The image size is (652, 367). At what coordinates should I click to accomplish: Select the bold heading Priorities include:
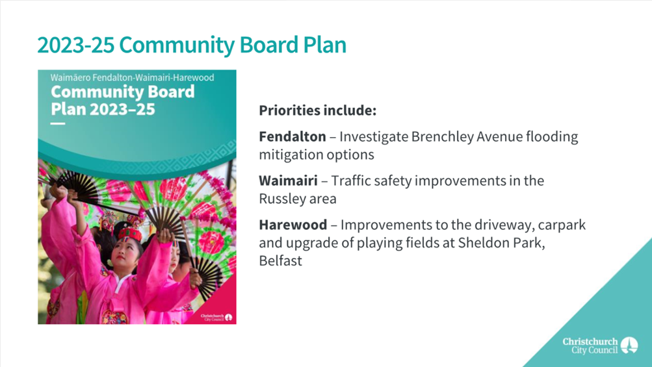pos(318,110)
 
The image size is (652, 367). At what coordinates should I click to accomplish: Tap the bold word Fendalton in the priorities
pos(293,137)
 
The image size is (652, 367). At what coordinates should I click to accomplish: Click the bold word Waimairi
pos(288,181)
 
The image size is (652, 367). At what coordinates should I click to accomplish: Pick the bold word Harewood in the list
pos(293,225)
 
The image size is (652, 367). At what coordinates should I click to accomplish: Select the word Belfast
pos(281,260)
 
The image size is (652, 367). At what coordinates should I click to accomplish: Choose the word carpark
pos(562,225)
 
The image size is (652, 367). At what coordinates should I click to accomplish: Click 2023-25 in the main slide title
pos(75,45)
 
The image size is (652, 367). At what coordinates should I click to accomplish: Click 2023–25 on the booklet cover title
pos(122,109)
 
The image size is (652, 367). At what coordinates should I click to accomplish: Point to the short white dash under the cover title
pos(58,123)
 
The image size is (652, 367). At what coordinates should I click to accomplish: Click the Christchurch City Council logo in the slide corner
pos(600,346)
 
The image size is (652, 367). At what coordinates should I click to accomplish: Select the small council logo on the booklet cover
pos(216,318)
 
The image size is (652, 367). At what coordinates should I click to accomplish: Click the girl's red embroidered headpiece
pos(130,234)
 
